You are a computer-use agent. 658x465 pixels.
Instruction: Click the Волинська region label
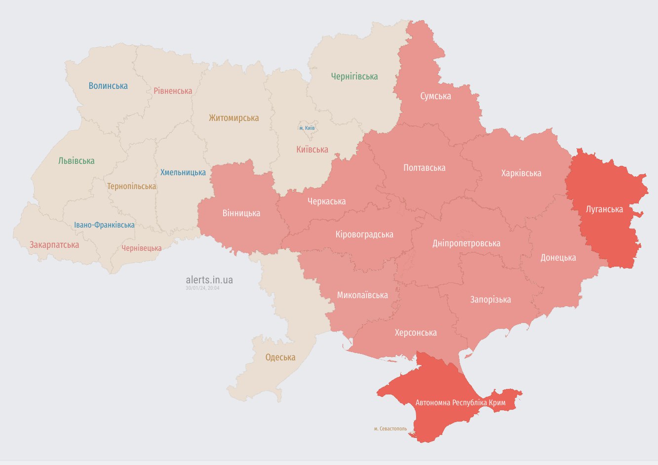click(x=108, y=86)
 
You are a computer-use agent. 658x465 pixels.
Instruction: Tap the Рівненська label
click(x=173, y=91)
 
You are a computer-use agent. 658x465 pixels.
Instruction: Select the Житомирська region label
click(x=233, y=118)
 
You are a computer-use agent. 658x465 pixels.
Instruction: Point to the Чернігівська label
click(x=354, y=77)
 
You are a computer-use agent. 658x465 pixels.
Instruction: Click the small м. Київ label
click(x=307, y=128)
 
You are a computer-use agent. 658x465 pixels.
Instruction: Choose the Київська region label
click(x=312, y=150)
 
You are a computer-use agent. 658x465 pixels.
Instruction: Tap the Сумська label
click(x=435, y=96)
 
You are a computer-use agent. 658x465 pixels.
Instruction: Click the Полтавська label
click(x=424, y=168)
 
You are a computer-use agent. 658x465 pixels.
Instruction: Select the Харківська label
click(x=521, y=173)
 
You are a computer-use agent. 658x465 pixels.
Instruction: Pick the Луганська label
click(x=604, y=209)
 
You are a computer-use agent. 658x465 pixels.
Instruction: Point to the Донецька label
click(x=558, y=258)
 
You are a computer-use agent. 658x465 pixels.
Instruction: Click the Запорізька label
click(x=490, y=300)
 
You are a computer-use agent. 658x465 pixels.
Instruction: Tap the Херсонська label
click(x=416, y=333)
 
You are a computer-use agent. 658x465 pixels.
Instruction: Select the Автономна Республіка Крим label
click(x=460, y=403)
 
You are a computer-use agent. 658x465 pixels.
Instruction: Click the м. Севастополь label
click(x=390, y=428)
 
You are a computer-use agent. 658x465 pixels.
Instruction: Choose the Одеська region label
click(x=280, y=357)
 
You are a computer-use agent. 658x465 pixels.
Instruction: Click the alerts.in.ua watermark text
click(x=209, y=280)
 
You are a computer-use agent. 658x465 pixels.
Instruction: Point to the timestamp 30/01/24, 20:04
click(x=202, y=288)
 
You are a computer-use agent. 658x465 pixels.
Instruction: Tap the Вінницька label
click(x=241, y=213)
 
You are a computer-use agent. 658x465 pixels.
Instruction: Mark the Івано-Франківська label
click(x=104, y=225)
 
